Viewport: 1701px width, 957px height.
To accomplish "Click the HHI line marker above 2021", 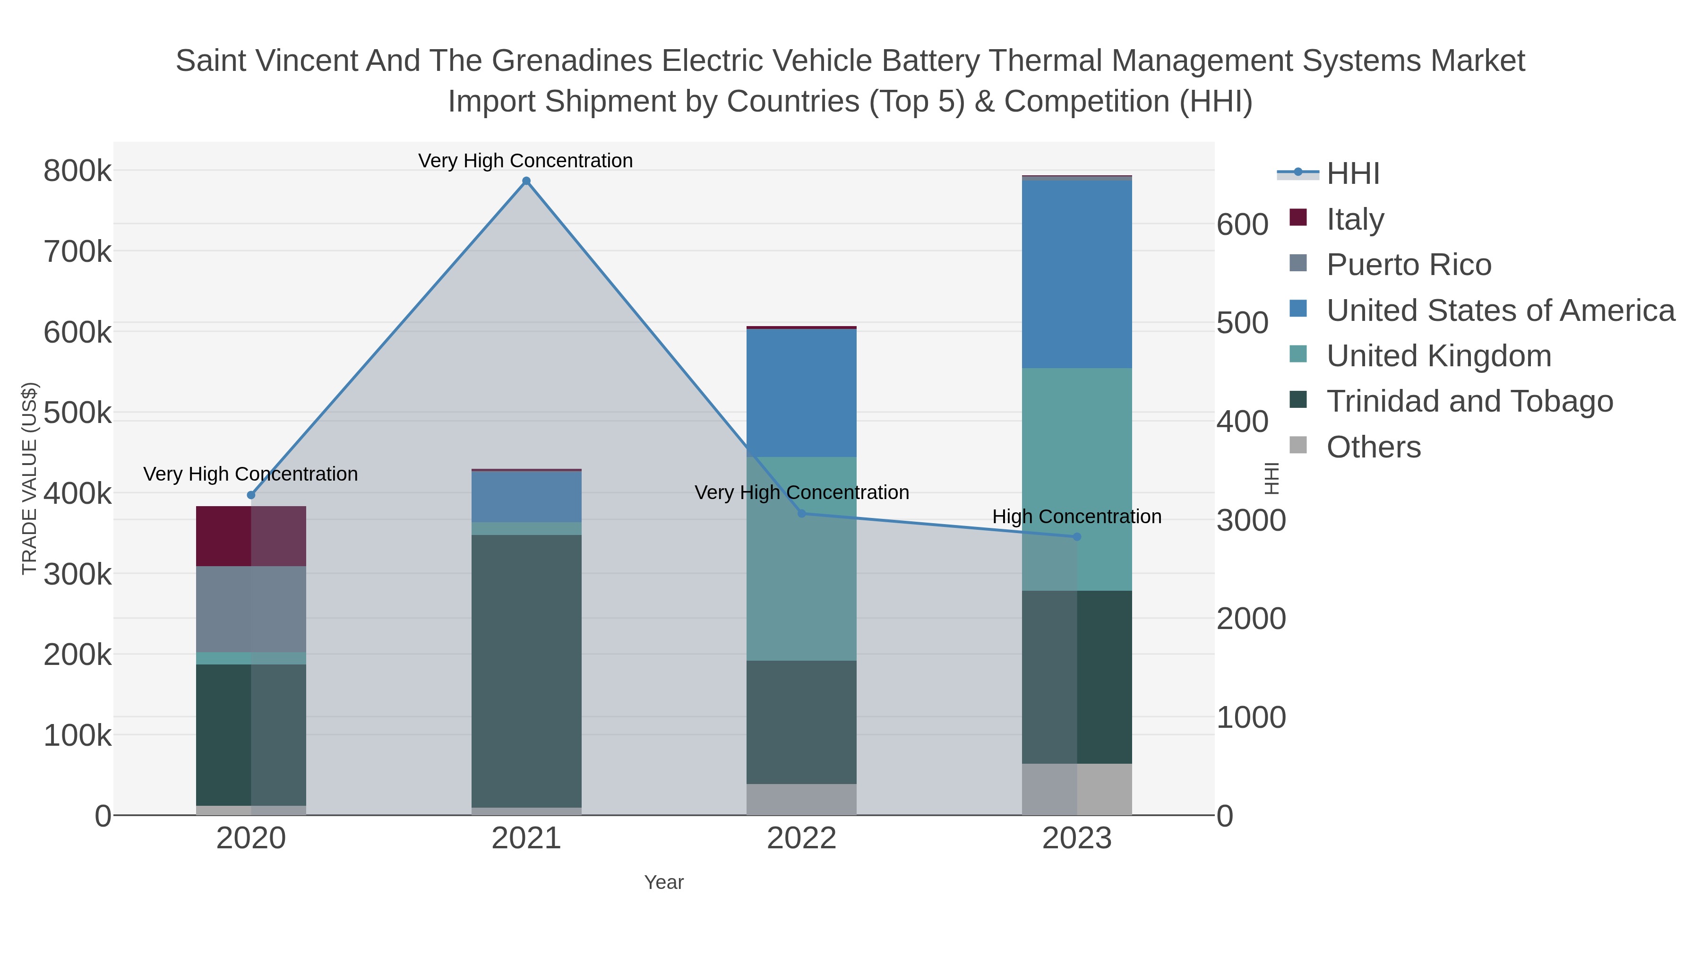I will [526, 181].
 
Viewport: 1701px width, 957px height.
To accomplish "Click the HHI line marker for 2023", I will [1077, 537].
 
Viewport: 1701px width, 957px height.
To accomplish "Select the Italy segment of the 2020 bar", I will [251, 536].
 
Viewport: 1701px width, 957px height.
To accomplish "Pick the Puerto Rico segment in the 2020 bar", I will [251, 609].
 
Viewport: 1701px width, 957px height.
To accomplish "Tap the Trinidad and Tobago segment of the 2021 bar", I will [526, 670].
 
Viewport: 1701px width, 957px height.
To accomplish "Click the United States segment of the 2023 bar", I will [1077, 274].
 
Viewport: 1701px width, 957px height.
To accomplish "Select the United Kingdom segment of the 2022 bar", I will [802, 558].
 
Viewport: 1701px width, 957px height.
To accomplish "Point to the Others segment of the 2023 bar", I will [1077, 789].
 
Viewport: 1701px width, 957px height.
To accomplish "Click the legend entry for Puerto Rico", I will [1409, 265].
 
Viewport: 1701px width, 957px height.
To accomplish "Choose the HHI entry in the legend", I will [1352, 174].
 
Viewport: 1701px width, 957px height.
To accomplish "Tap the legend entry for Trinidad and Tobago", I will [1469, 402].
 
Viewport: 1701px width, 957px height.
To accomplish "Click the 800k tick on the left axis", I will [77, 171].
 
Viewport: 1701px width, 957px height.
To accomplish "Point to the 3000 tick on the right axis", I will [1251, 520].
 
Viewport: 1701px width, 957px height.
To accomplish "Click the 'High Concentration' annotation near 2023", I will [1076, 517].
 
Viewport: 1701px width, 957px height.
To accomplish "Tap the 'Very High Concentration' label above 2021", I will [525, 161].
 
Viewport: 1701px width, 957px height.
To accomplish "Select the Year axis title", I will [664, 882].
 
